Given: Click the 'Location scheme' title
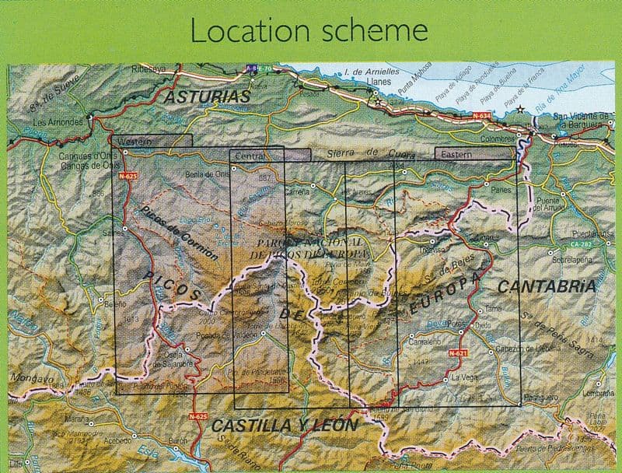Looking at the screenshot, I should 309,30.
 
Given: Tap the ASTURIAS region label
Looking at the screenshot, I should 206,96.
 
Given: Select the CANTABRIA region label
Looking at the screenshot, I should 547,286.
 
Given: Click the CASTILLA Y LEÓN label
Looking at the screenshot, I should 284,426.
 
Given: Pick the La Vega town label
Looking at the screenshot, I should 464,377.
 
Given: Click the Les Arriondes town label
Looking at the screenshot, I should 58,122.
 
